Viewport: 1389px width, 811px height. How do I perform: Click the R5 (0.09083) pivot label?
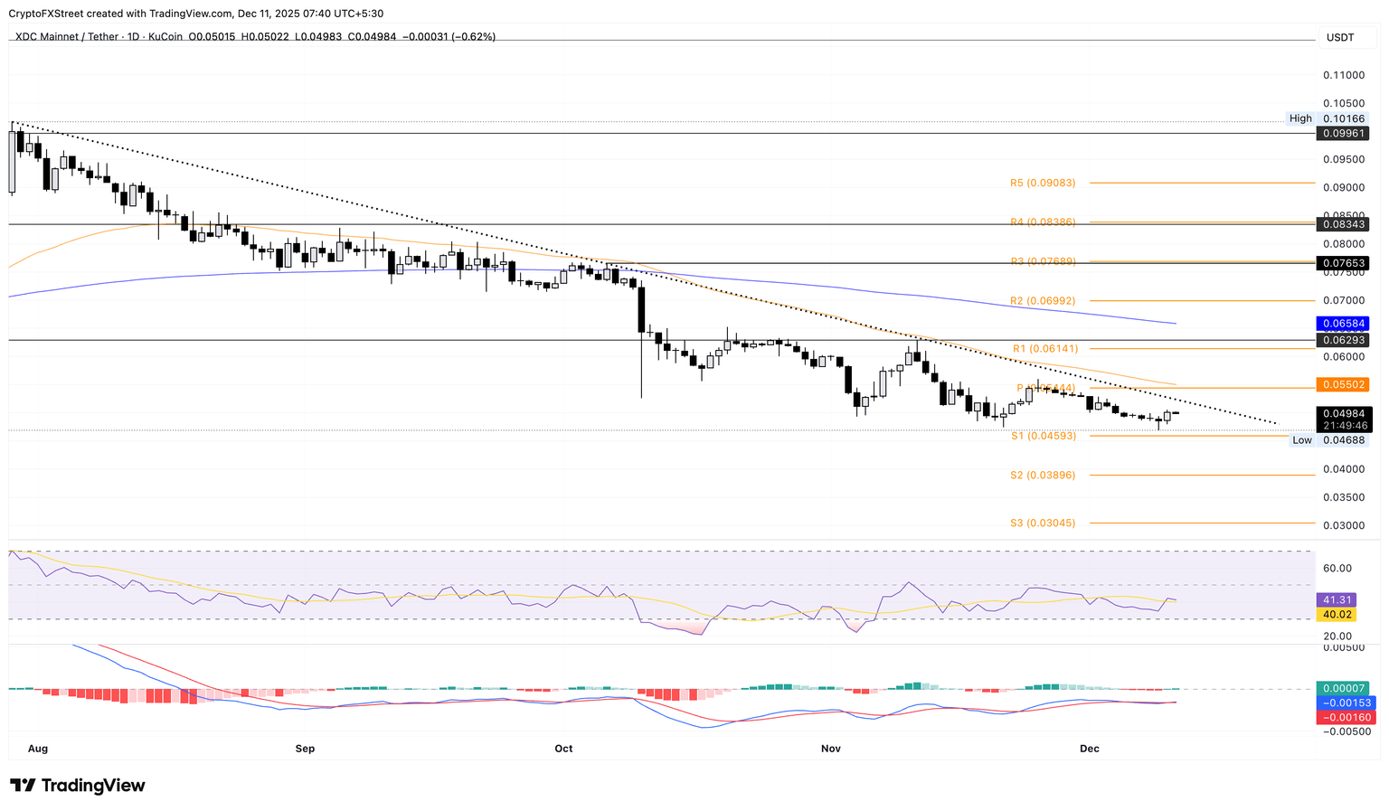[x=1043, y=183]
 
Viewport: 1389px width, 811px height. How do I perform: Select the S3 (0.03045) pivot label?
[x=1043, y=523]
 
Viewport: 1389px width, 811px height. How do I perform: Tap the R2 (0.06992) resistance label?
[x=1043, y=300]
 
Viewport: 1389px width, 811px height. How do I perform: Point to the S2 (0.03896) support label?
[x=1043, y=475]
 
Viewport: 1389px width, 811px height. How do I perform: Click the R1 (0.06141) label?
[x=1044, y=348]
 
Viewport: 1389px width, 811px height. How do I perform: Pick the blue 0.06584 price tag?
[x=1344, y=323]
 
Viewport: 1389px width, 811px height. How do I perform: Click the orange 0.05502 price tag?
[x=1344, y=384]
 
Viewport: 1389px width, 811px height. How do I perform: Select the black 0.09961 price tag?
[x=1344, y=133]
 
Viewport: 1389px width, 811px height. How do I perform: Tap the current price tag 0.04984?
[x=1344, y=413]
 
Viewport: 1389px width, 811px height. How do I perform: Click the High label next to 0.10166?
[x=1300, y=118]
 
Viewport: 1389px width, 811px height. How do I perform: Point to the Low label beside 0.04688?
[x=1302, y=440]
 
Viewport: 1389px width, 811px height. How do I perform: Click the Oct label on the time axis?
[x=563, y=749]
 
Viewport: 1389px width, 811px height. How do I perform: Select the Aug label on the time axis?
[x=37, y=749]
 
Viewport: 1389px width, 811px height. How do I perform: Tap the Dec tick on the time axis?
[x=1090, y=749]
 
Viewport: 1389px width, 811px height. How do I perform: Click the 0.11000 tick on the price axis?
[x=1344, y=75]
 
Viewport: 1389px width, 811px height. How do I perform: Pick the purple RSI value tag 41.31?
[x=1337, y=599]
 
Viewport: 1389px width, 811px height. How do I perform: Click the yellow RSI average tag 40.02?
[x=1337, y=615]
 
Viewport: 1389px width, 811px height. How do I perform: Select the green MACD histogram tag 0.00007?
[x=1344, y=688]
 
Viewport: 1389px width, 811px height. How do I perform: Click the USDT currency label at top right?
[x=1340, y=37]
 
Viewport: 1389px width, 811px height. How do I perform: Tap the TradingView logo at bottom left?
[x=78, y=786]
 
